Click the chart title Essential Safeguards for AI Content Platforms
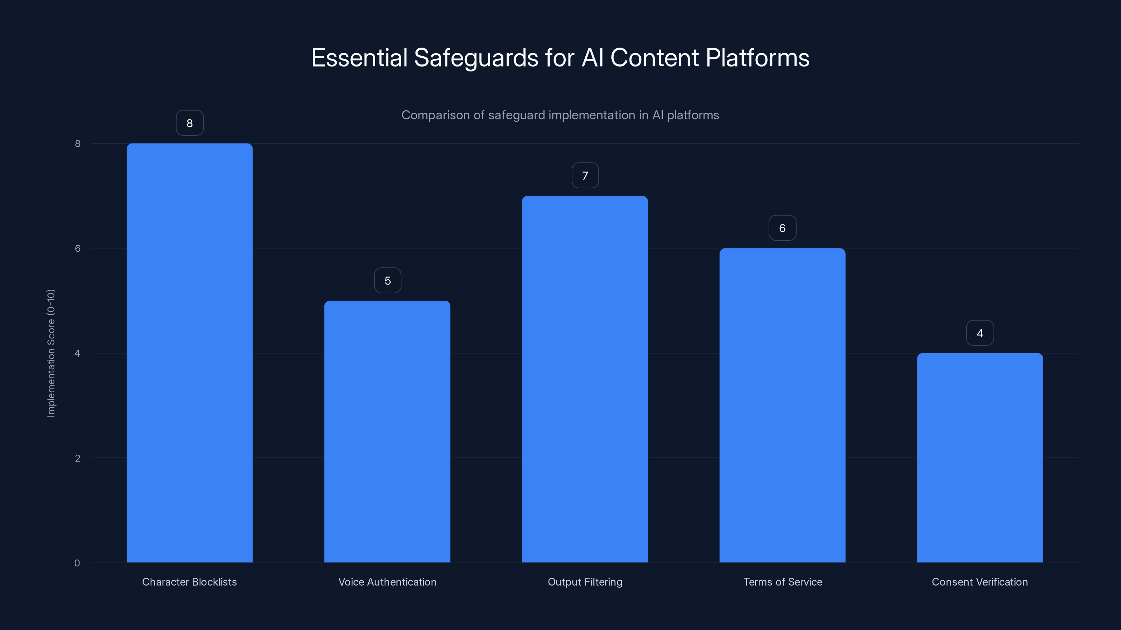click(560, 58)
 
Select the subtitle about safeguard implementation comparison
click(560, 115)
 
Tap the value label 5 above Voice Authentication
click(387, 280)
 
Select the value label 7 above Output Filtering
click(585, 176)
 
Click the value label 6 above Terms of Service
click(782, 228)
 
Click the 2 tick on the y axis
click(77, 458)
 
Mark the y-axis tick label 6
click(77, 248)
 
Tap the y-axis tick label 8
click(77, 143)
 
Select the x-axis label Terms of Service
click(783, 582)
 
